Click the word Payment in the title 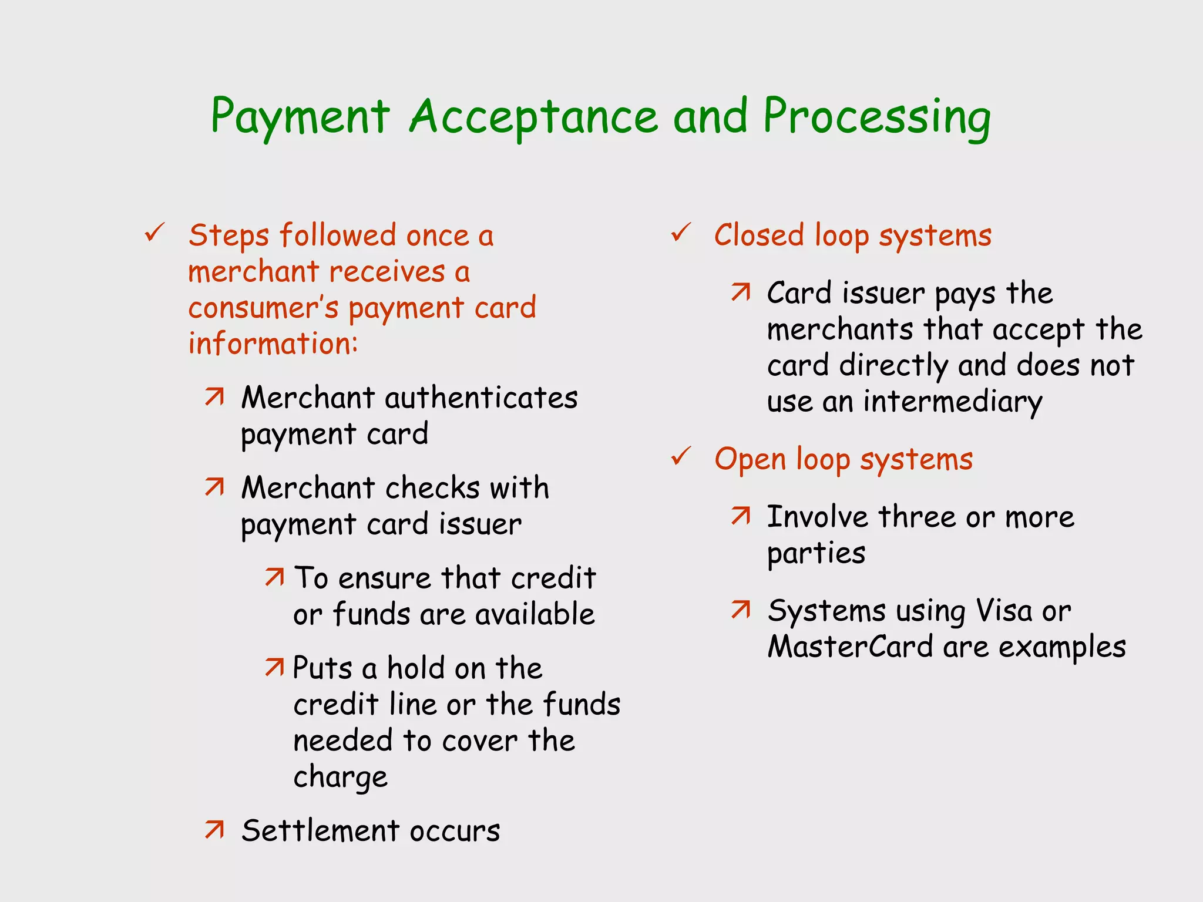[x=300, y=117]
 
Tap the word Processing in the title [x=876, y=117]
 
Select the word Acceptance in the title [x=533, y=117]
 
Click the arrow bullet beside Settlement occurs [x=214, y=829]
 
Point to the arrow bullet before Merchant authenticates [x=214, y=397]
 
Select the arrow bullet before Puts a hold [x=274, y=667]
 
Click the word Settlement [x=320, y=830]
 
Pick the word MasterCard [x=850, y=647]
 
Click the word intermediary [x=952, y=402]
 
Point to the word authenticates [x=481, y=398]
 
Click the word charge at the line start [x=340, y=778]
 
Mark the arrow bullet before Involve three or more [x=741, y=516]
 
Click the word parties [x=816, y=554]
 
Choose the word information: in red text [x=273, y=344]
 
